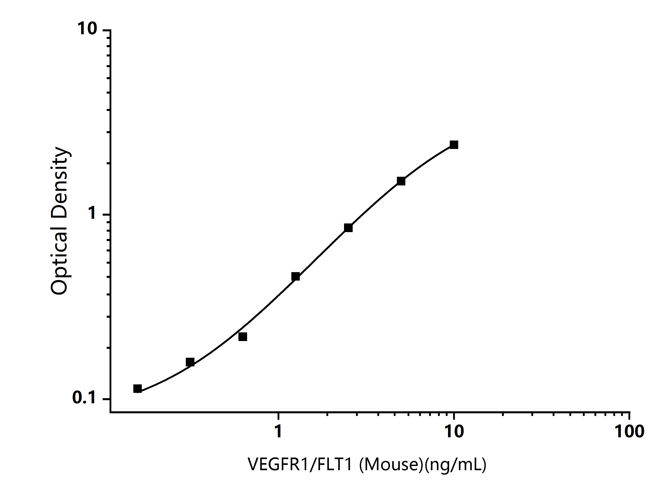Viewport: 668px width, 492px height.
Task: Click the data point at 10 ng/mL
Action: pos(454,145)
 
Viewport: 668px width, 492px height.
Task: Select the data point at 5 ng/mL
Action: pos(401,181)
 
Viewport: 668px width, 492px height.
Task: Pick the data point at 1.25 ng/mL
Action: pos(296,277)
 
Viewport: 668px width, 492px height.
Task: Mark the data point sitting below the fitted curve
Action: pos(243,337)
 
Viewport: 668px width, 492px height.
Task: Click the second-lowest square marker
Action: pos(190,362)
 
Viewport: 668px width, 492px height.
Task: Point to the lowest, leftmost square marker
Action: pos(138,389)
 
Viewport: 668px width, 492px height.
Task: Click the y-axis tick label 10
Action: pos(87,29)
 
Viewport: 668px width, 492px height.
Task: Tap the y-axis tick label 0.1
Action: pos(84,398)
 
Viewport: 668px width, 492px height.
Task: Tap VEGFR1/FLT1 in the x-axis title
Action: pos(301,464)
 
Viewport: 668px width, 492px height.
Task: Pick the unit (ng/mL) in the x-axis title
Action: pos(456,464)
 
